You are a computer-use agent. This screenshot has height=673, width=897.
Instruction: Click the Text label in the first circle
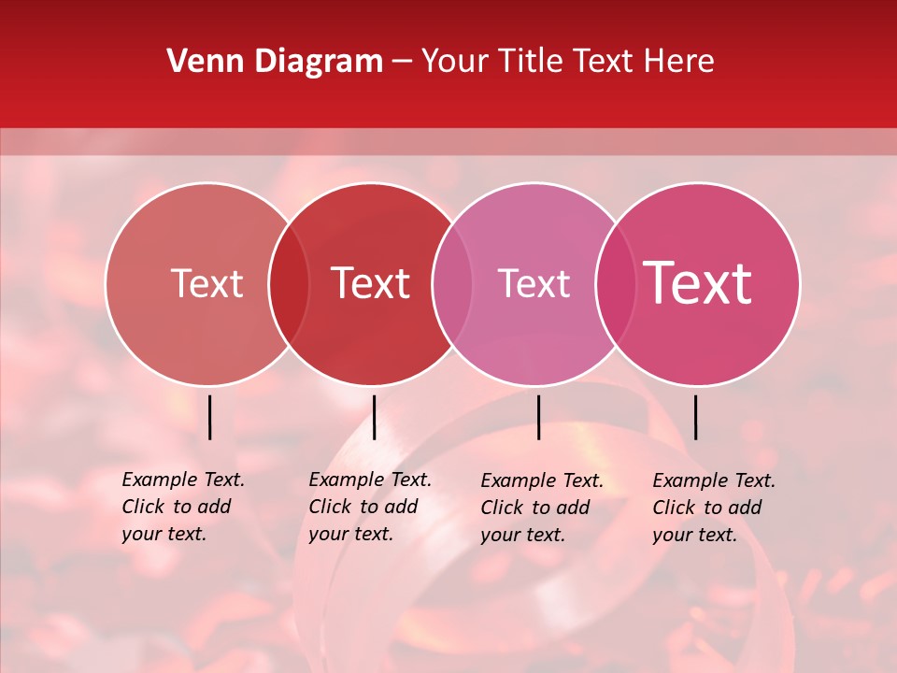(x=206, y=283)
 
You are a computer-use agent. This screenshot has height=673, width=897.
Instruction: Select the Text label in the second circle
(x=370, y=283)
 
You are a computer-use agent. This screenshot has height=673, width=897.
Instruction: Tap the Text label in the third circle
(x=534, y=283)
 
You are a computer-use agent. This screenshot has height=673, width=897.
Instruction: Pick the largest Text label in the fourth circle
(x=698, y=283)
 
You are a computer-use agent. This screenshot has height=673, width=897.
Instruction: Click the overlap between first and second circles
(x=289, y=284)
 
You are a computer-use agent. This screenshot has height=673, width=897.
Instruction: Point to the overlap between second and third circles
(x=452, y=284)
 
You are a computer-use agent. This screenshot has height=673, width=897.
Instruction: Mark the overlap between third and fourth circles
(x=615, y=284)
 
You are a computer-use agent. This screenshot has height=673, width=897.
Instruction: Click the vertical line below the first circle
(x=210, y=417)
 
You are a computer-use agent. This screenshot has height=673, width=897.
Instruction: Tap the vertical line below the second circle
(x=374, y=417)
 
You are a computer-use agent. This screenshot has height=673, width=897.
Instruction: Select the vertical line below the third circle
(x=538, y=417)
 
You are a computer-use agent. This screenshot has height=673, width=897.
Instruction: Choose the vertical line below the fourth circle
(x=695, y=417)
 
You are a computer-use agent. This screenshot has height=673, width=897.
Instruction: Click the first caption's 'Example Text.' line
(x=183, y=480)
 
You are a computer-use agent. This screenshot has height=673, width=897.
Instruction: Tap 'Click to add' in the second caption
(x=363, y=507)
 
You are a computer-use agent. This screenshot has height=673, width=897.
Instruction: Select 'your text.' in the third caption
(x=522, y=535)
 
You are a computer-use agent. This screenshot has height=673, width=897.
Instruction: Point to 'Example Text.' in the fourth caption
(x=714, y=480)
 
